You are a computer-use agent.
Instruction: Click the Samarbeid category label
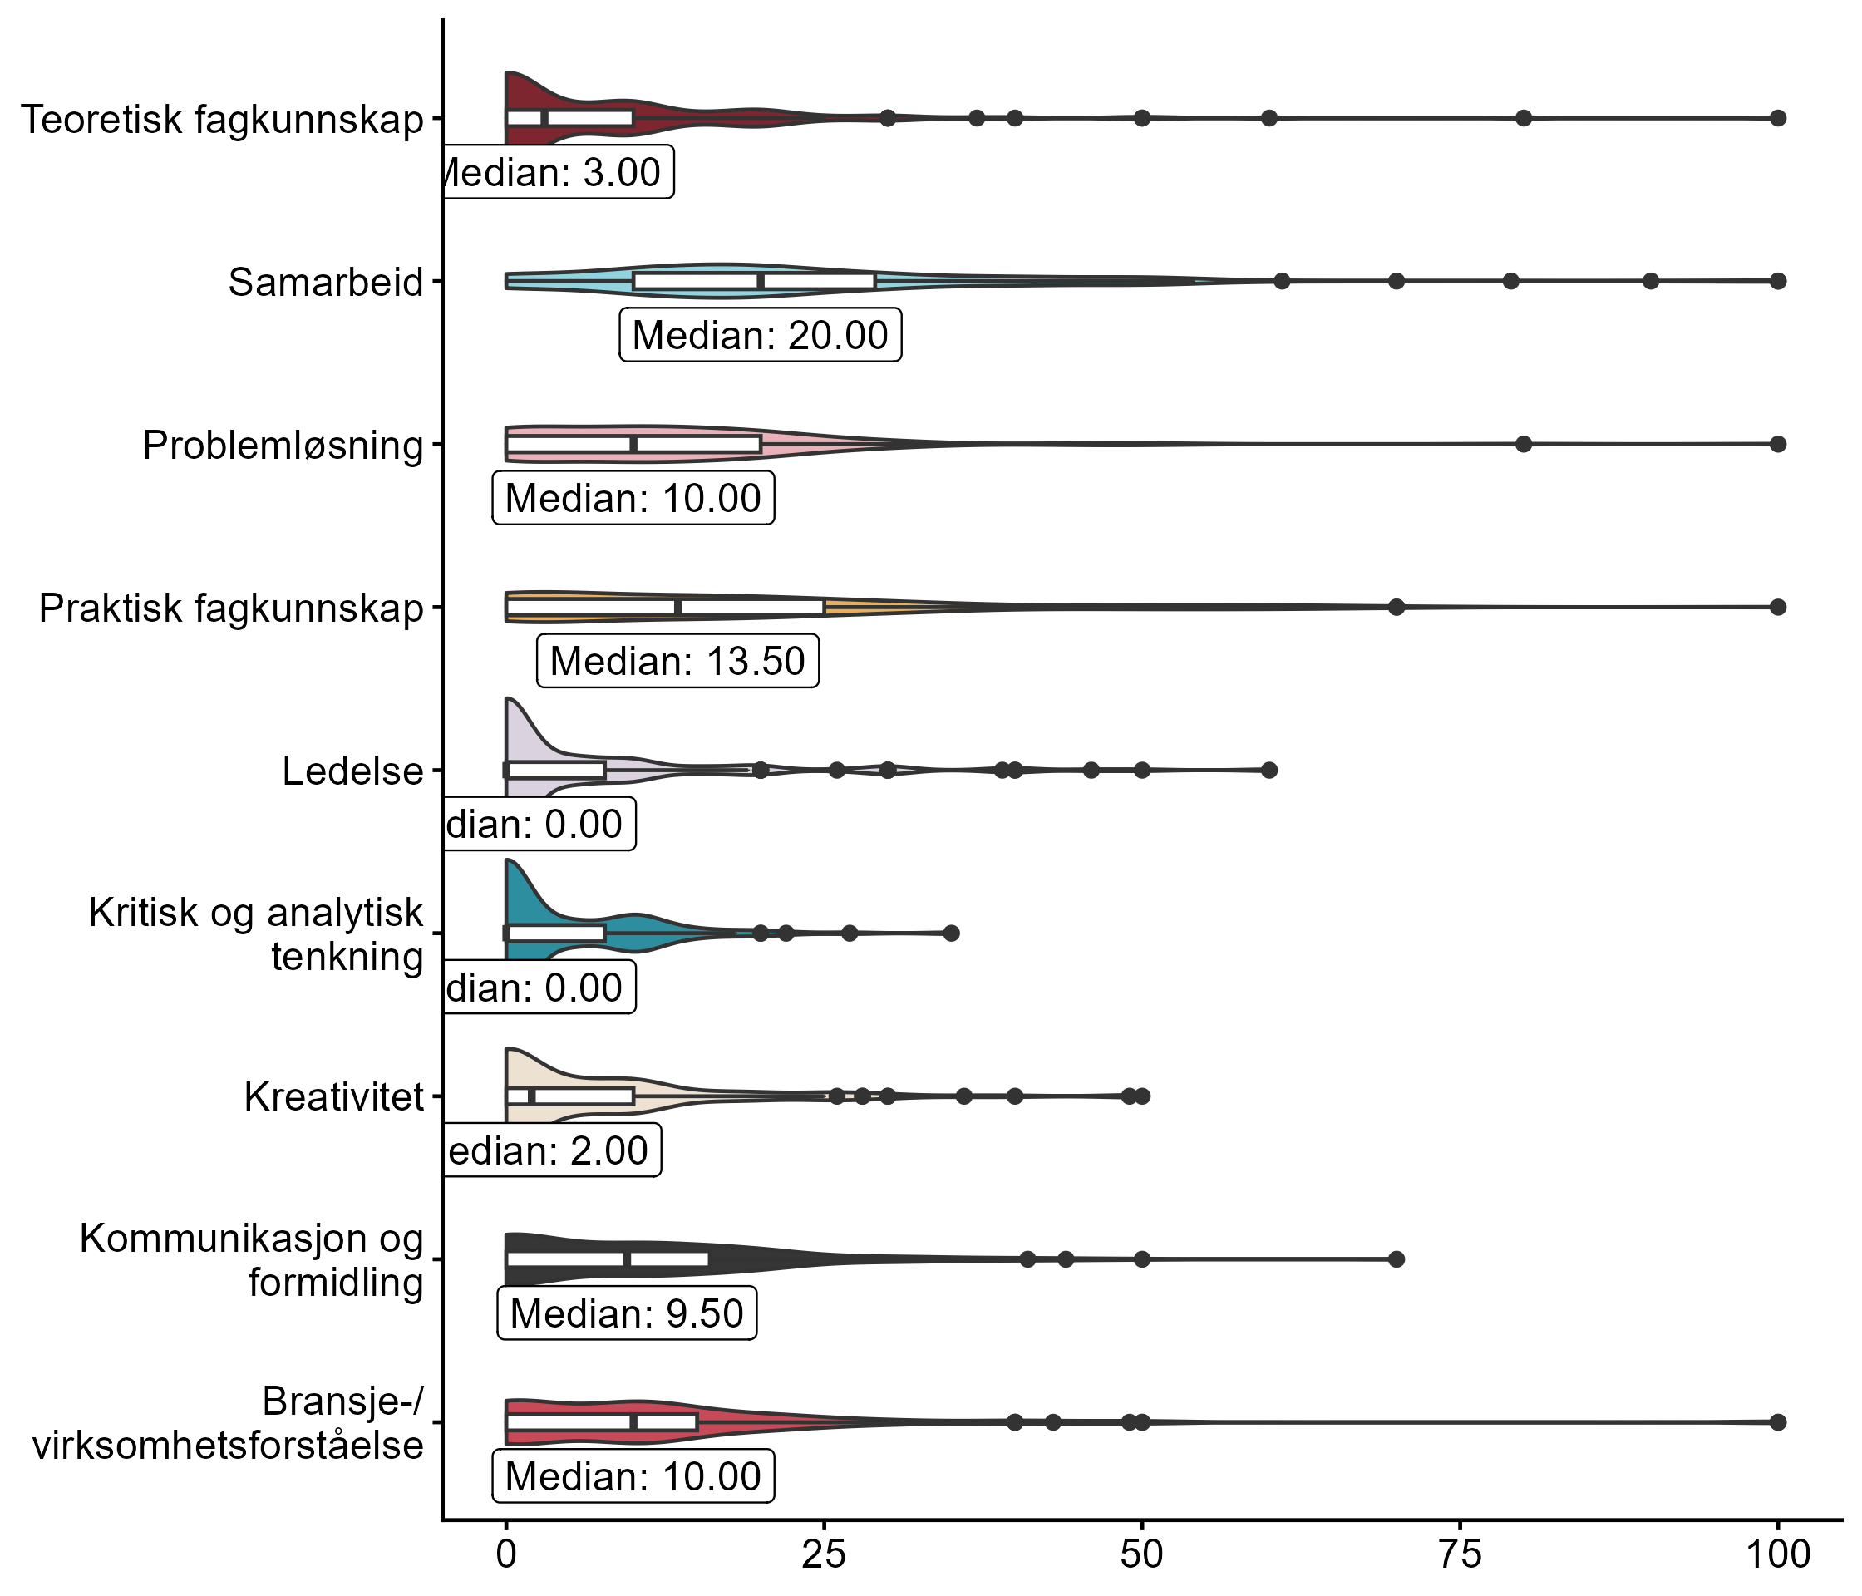(325, 282)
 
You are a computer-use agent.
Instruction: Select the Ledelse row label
(352, 771)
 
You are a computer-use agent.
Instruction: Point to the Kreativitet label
(333, 1097)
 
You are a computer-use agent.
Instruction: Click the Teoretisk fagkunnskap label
(221, 120)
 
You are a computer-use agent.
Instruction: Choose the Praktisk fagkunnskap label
(231, 608)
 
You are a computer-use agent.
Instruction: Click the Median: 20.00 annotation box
(761, 335)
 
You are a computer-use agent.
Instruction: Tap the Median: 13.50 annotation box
(677, 662)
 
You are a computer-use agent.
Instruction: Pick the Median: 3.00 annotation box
(557, 171)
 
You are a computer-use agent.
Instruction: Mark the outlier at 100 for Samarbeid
(1777, 281)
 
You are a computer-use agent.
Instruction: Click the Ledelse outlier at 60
(1268, 770)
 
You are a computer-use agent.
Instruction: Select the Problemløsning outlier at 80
(1523, 444)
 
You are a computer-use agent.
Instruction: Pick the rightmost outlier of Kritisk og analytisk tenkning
(952, 933)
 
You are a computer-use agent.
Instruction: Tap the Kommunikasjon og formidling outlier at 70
(1396, 1259)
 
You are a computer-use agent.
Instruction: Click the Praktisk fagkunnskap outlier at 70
(1396, 608)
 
